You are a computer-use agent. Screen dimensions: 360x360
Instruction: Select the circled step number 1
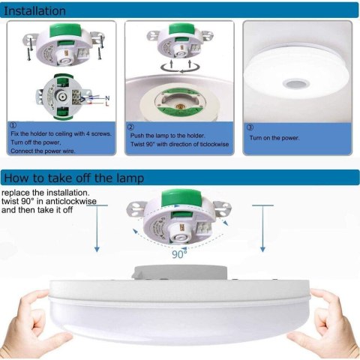[13, 124]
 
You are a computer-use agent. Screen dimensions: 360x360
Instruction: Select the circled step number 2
[130, 127]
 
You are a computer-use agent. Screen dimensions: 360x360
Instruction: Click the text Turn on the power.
[274, 138]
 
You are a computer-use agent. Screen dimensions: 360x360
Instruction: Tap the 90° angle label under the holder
[178, 253]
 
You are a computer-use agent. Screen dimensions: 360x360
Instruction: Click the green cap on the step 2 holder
[179, 31]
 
